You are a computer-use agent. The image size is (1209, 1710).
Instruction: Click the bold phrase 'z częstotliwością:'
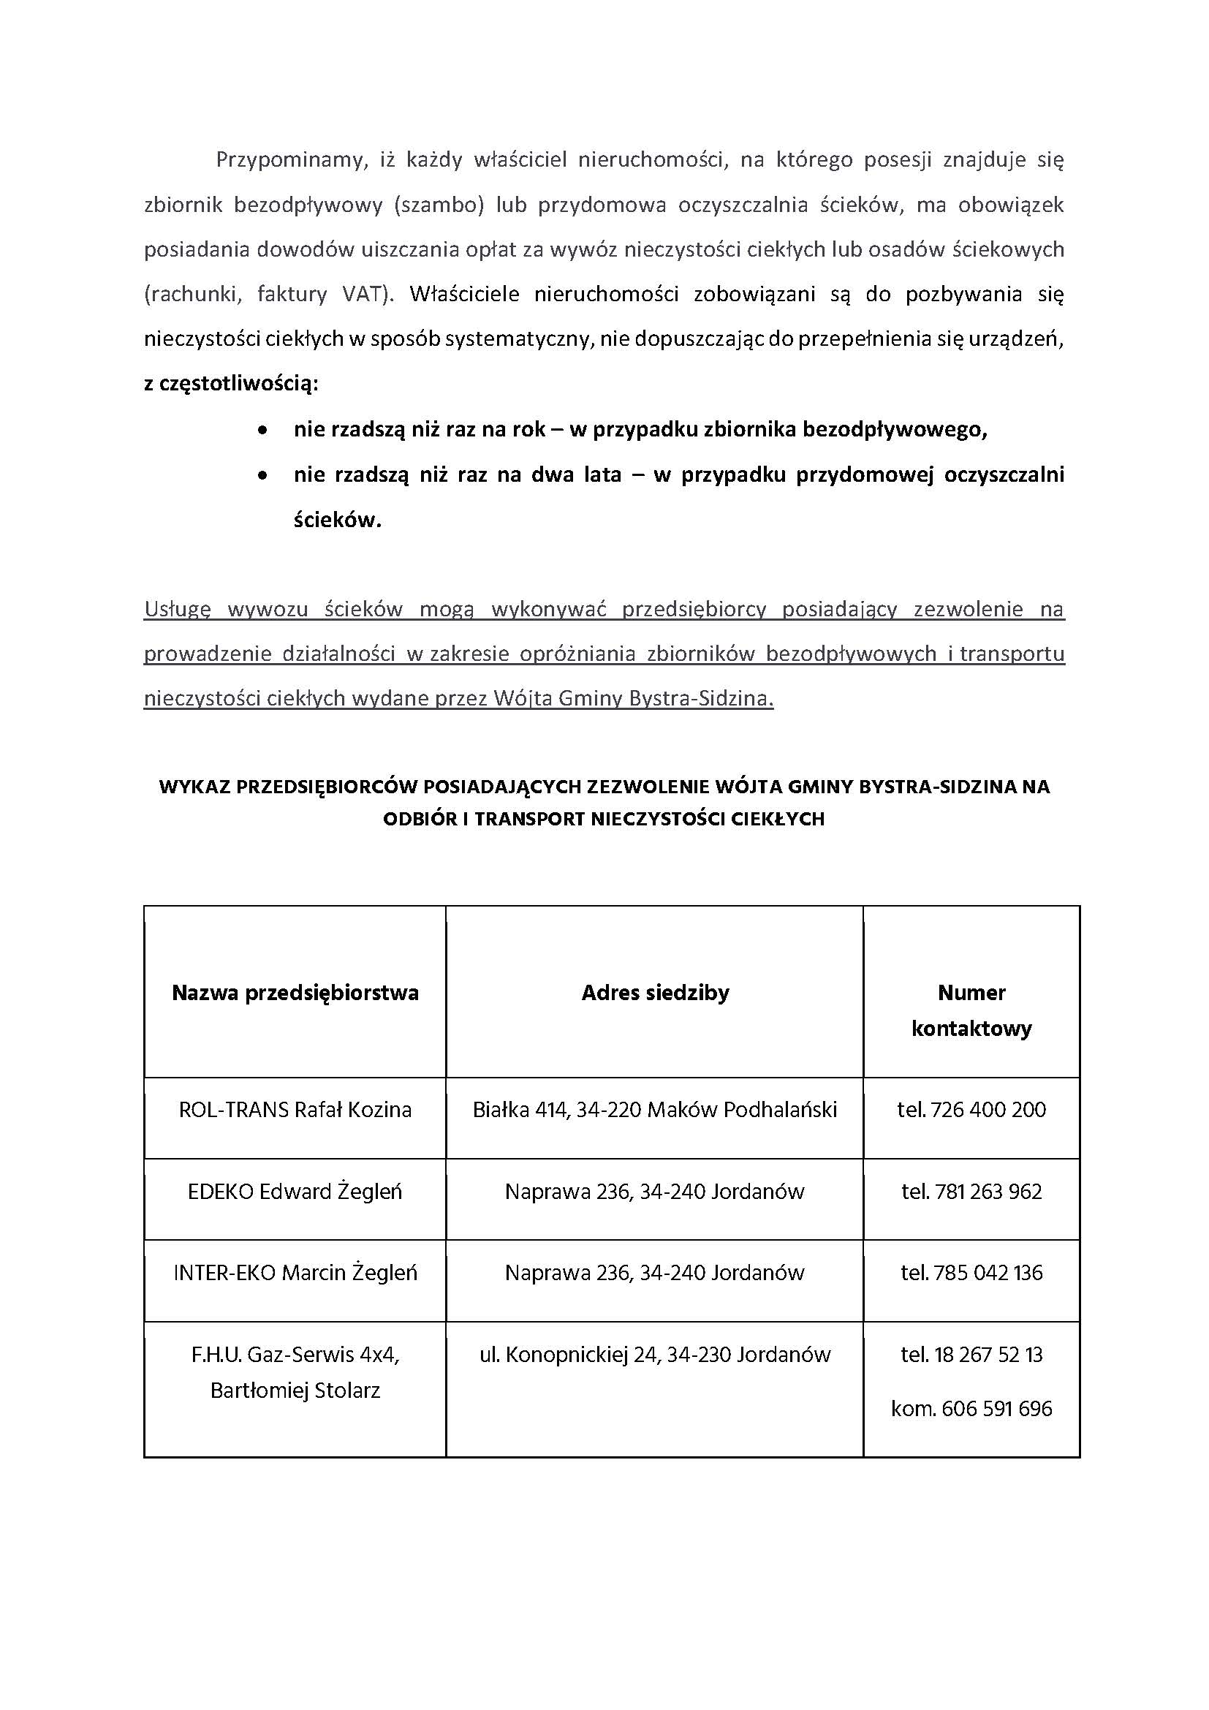pos(231,385)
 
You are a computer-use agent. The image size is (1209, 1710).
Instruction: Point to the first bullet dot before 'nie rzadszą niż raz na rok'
pos(262,431)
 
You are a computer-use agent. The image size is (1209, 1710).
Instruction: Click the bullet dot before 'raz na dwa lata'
pos(262,475)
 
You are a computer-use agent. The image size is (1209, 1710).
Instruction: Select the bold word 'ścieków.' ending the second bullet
pos(337,520)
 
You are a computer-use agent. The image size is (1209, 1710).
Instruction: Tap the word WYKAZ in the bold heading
pos(194,787)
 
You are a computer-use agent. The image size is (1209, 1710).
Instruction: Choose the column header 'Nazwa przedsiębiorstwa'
pos(295,993)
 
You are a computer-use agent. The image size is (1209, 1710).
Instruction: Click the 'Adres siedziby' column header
pos(655,993)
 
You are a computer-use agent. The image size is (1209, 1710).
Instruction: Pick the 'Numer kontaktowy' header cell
pos(971,1010)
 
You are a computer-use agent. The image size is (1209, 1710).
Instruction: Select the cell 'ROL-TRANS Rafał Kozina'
pos(295,1110)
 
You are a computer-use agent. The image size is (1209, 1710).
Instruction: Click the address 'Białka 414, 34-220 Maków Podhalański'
pos(655,1110)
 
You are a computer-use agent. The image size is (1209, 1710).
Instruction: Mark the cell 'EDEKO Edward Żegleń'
pos(295,1192)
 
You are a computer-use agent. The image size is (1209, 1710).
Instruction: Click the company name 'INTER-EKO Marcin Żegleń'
pos(295,1273)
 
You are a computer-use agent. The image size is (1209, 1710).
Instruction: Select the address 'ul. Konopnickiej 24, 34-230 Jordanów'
pos(655,1354)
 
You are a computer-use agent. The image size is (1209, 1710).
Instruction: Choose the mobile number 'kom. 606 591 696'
pos(971,1408)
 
